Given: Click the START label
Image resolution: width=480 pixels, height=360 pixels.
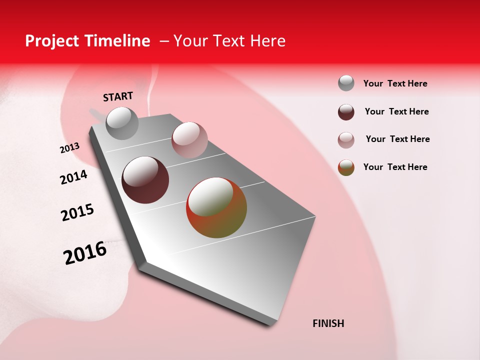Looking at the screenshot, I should point(118,96).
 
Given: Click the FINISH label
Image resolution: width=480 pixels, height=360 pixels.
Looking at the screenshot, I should point(328,323).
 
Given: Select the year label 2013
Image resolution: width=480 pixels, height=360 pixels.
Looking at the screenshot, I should point(69,148).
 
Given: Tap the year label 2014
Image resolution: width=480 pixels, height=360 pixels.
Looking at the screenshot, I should point(73,177).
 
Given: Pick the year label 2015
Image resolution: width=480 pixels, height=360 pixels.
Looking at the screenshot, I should point(77,212).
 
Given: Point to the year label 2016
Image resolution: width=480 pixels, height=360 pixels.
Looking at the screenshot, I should point(85,253).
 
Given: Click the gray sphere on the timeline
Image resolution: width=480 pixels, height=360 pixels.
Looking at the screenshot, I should point(122,123).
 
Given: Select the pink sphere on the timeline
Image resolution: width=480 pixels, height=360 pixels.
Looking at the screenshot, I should point(189,139).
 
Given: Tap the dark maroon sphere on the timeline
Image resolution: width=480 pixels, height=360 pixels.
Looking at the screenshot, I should point(145,180).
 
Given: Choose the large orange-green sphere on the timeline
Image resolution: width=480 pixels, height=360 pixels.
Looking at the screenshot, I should point(216,207).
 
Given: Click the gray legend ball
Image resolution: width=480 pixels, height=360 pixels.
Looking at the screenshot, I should point(346,83).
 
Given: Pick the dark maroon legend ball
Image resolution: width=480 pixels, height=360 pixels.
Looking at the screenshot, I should point(346,112).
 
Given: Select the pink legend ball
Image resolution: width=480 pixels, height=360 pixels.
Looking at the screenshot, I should point(346,140).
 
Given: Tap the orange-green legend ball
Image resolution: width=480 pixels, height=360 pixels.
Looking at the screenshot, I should point(346,167).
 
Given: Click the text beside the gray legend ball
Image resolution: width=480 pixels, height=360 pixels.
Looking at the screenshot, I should point(395,83).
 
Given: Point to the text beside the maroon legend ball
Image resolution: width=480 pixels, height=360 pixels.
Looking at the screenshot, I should point(396,111).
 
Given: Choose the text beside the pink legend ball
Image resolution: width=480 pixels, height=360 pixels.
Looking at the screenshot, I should point(397,139).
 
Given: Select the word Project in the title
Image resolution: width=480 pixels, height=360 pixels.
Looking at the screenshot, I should point(51,41).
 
